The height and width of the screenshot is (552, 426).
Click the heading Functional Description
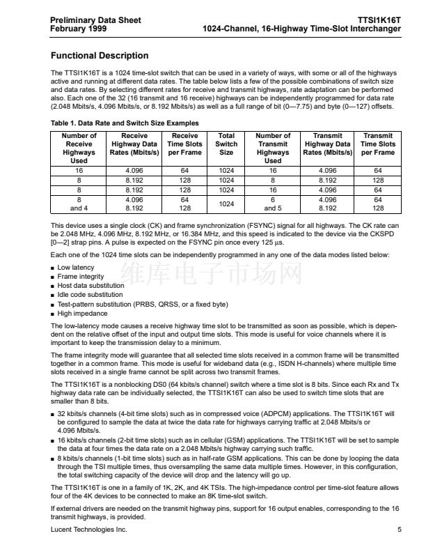pos(100,56)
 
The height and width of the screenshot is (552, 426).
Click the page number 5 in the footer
pos(400,530)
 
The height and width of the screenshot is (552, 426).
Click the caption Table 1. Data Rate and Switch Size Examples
pos(125,123)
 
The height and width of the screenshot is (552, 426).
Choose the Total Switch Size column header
pos(226,144)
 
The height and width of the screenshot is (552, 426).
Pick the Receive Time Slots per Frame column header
pos(184,144)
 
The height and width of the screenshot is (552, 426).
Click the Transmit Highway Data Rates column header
pos(327,144)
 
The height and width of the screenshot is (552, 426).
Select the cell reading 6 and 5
pos(273,203)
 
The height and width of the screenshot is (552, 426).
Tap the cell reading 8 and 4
pos(79,203)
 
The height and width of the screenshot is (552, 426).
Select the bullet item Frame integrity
pos(81,276)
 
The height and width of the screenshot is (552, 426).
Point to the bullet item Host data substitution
pos(91,286)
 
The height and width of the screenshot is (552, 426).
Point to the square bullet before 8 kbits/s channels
pos(54,459)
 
